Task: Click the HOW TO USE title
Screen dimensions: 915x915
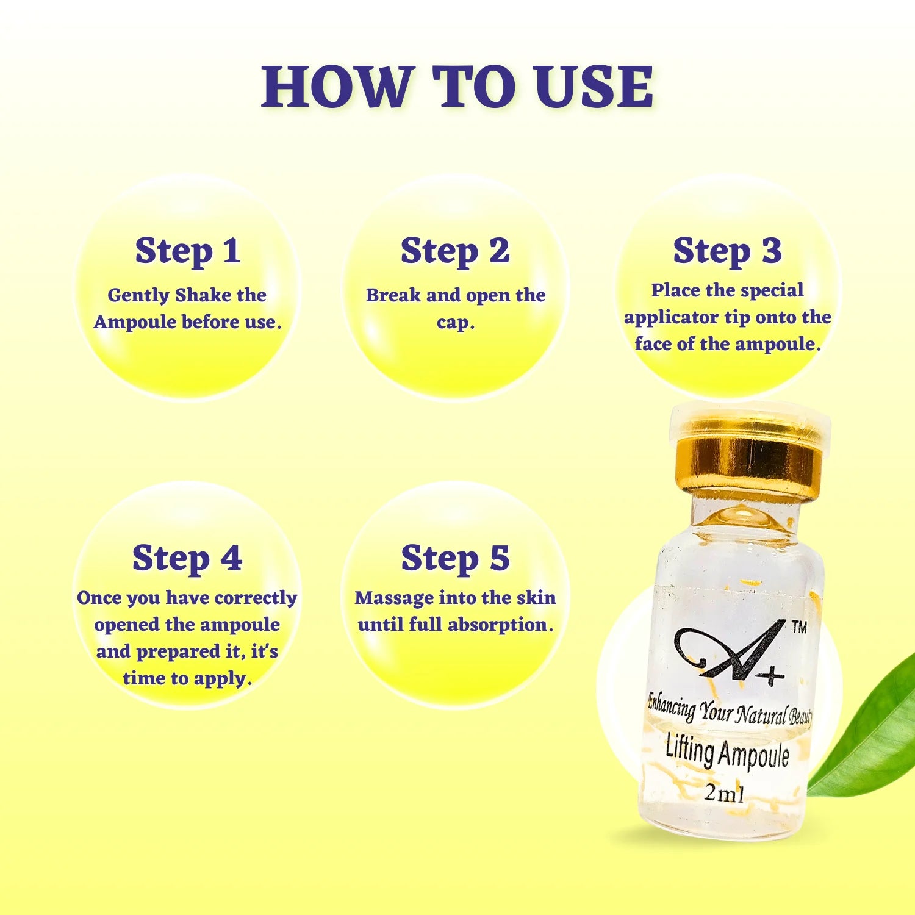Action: point(457,87)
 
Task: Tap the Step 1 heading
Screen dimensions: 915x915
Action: point(187,251)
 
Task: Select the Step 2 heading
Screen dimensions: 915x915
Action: point(455,251)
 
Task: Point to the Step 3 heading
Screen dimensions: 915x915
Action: point(727,251)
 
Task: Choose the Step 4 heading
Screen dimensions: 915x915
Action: point(187,558)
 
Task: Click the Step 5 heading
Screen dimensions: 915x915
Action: point(455,558)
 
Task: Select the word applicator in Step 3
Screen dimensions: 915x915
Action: point(671,318)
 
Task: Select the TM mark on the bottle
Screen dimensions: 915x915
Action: point(798,627)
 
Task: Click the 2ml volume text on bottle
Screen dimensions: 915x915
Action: point(724,793)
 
